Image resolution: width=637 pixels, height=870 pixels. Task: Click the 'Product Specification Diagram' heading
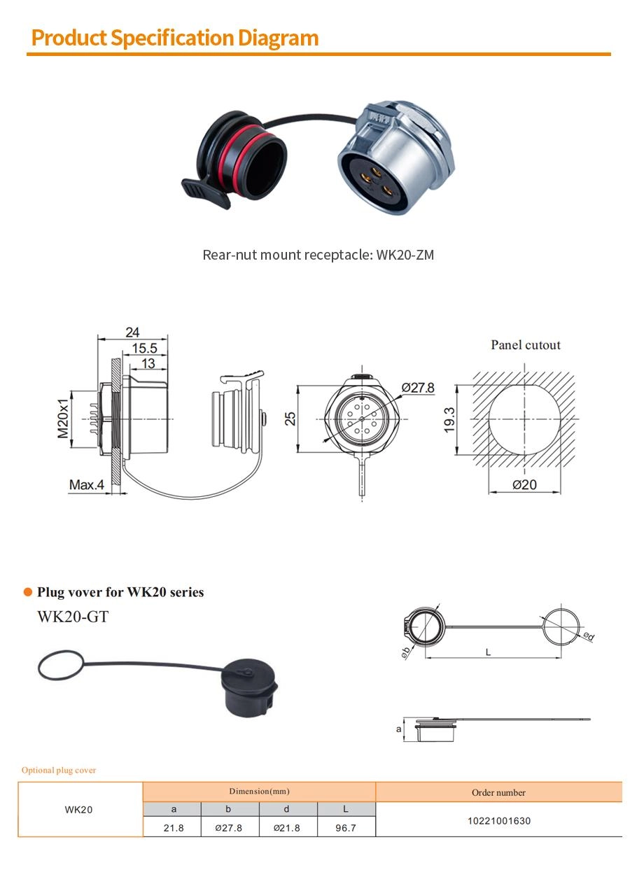click(x=175, y=38)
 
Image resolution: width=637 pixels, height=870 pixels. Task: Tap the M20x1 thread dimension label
click(x=63, y=419)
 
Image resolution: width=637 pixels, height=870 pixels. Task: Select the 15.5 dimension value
click(x=144, y=348)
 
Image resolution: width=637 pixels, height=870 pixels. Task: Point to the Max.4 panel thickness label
click(x=87, y=485)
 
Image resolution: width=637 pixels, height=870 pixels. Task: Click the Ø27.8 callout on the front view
click(x=418, y=388)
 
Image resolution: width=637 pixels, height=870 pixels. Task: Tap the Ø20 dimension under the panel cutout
click(x=524, y=485)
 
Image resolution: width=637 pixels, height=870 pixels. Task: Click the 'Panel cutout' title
click(x=526, y=345)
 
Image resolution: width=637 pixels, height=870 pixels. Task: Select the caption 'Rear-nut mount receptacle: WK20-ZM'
click(x=318, y=255)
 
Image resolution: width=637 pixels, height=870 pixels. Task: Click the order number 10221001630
click(x=498, y=821)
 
